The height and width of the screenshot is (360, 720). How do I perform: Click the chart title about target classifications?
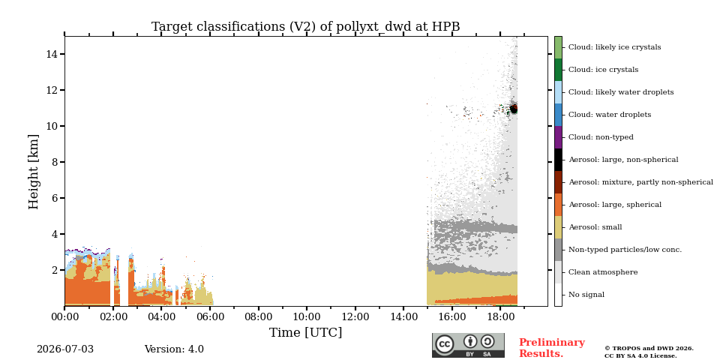[x=306, y=27]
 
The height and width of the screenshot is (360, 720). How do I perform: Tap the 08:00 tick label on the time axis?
[x=258, y=316]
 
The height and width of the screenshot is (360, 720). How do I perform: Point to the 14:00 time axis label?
[x=403, y=316]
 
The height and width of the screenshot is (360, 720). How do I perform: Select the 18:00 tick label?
[x=500, y=316]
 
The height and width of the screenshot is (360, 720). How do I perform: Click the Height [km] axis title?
[x=34, y=172]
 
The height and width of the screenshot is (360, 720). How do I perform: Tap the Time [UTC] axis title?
[x=306, y=332]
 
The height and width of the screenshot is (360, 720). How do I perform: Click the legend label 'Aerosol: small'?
[x=595, y=227]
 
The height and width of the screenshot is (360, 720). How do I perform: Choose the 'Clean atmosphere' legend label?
[x=603, y=272]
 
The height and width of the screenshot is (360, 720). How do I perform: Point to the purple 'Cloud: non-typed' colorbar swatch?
[x=558, y=137]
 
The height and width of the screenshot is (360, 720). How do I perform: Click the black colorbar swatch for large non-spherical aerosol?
[x=558, y=160]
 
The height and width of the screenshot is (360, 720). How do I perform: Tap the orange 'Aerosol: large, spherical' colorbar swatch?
[x=558, y=205]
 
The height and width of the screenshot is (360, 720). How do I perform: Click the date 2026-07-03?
[x=65, y=349]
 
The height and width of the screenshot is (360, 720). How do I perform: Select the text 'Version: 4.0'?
[x=174, y=349]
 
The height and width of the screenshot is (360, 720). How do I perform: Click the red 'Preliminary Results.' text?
[x=552, y=348]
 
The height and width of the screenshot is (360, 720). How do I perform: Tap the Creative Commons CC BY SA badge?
[x=468, y=345]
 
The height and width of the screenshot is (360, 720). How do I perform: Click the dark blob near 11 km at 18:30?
[x=514, y=109]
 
